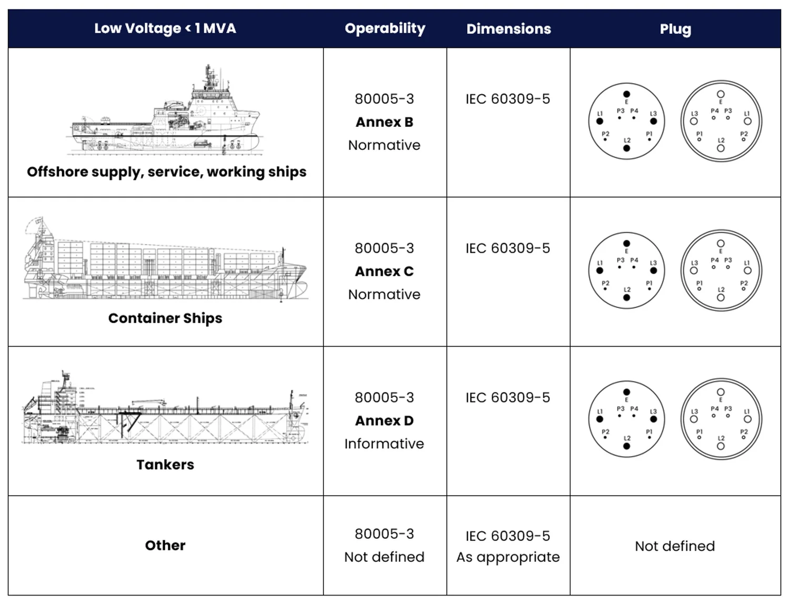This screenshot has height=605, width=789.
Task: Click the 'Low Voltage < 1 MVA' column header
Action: [x=165, y=28]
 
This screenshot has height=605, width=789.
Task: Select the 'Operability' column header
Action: [x=385, y=28]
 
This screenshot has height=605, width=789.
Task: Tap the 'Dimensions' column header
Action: [x=508, y=29]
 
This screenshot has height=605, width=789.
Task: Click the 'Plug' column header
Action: [x=675, y=29]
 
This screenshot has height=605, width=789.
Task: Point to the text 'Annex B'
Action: [x=384, y=122]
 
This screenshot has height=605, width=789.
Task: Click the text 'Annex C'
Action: [x=384, y=271]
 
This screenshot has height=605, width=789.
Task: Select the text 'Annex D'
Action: [x=384, y=421]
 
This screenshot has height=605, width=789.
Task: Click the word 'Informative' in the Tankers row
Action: [x=384, y=444]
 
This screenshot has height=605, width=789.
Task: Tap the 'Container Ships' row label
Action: [x=165, y=318]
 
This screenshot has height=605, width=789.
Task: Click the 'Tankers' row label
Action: [x=165, y=465]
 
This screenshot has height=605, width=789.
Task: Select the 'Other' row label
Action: [x=165, y=546]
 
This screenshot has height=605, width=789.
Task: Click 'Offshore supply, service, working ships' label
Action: [x=166, y=172]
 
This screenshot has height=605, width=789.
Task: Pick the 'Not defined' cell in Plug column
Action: [x=675, y=546]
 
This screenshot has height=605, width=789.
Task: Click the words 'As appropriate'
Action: [x=508, y=557]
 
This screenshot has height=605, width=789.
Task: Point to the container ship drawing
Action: [x=165, y=260]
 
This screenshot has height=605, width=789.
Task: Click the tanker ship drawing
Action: [x=165, y=410]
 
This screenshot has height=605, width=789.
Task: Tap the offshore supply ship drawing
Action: [x=165, y=113]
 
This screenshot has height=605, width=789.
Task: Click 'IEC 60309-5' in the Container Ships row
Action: [x=508, y=248]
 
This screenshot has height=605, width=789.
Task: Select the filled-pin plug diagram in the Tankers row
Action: [x=626, y=419]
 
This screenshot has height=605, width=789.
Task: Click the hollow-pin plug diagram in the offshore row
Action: [x=721, y=121]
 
